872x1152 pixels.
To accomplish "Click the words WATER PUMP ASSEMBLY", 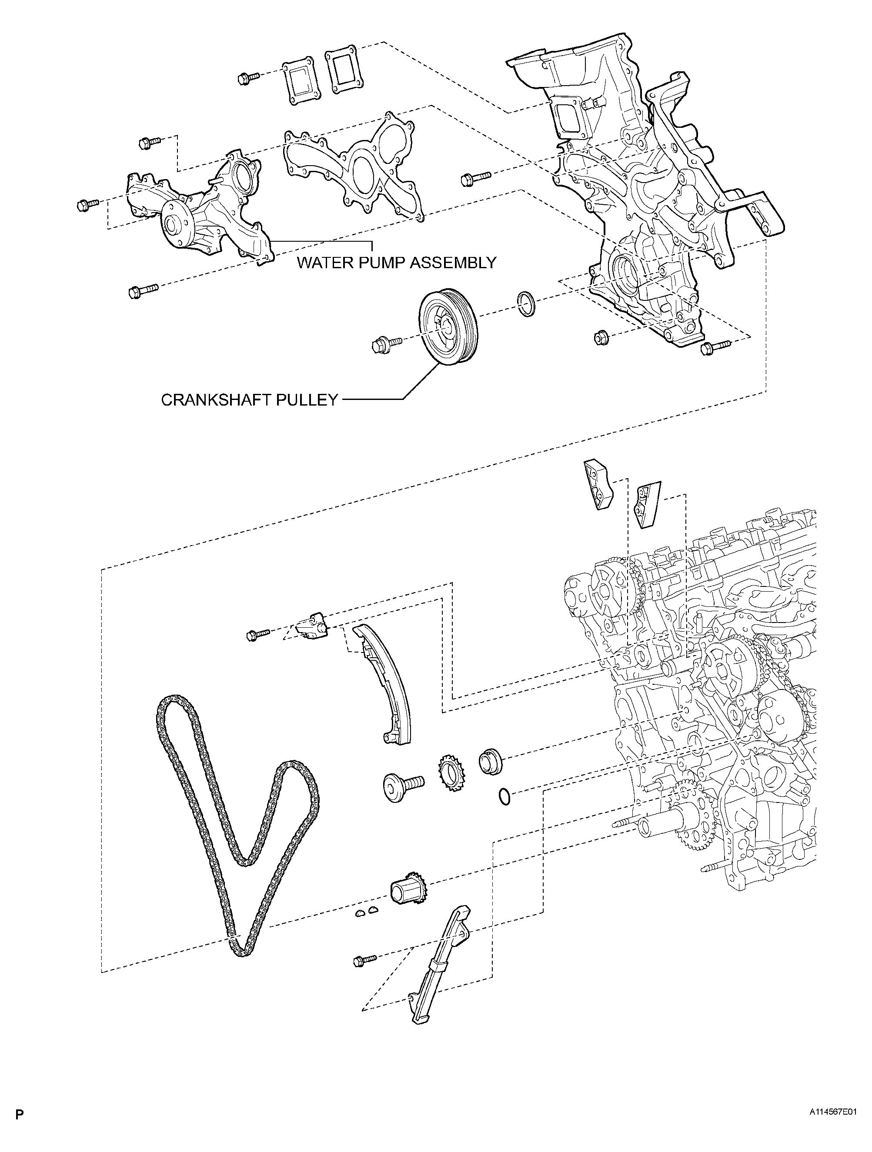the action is tap(396, 262).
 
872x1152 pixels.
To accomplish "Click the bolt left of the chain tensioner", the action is tap(258, 634).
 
